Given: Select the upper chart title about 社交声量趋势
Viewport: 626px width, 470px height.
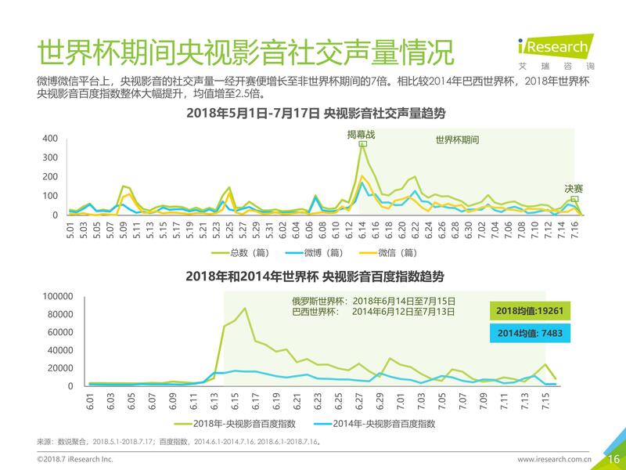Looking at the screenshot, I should pos(315,114).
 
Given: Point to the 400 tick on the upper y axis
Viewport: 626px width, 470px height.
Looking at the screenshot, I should pos(50,139).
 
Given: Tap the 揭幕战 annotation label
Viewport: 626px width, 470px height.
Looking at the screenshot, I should pos(362,135).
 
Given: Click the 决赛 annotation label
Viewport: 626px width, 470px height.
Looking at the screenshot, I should pos(574,189).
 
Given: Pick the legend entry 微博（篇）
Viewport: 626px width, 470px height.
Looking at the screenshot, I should pos(315,252).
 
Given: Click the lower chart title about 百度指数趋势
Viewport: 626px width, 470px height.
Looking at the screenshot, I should pos(315,277).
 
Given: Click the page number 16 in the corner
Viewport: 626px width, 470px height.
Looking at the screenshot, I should pos(613,458).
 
